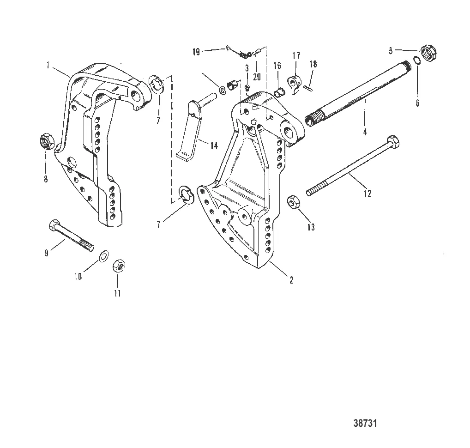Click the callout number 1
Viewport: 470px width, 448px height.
pos(48,66)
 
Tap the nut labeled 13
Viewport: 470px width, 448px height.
pos(294,202)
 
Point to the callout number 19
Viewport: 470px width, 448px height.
pos(196,52)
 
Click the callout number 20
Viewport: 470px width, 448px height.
pos(256,76)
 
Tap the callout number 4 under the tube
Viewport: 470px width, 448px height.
pos(365,132)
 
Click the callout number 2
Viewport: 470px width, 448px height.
pos(291,279)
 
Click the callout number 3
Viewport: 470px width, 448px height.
pos(247,68)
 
